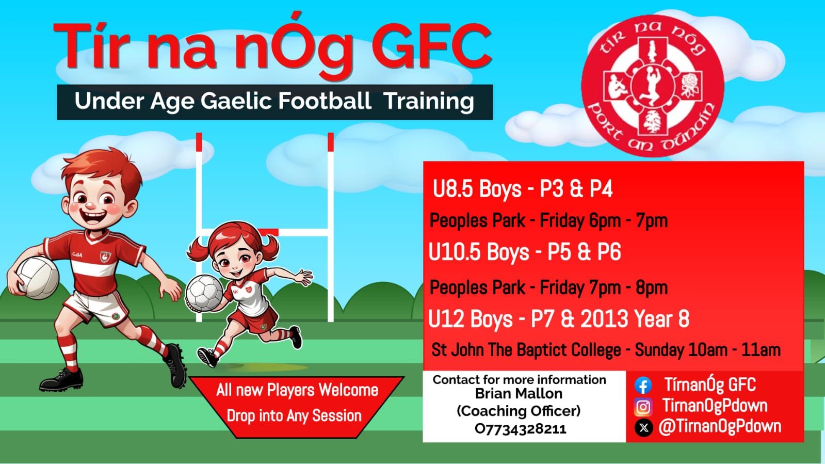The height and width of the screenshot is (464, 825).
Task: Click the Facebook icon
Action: [x=643, y=386]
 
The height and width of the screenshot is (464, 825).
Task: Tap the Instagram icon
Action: [x=643, y=407]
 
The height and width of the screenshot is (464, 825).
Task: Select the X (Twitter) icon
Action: [x=643, y=427]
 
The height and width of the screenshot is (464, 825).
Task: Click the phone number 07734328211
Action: [x=520, y=429]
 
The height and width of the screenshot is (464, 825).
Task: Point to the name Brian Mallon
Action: [x=519, y=394]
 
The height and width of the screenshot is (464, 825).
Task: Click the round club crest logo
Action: [x=653, y=86]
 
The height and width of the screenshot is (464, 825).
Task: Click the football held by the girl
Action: [x=204, y=293]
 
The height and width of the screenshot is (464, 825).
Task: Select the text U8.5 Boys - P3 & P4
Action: [x=522, y=189]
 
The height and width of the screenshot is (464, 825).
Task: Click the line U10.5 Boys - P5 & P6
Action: [x=525, y=252]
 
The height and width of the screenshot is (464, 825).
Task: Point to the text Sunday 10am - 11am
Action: [x=707, y=350]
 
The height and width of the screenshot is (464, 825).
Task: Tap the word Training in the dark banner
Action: [x=429, y=102]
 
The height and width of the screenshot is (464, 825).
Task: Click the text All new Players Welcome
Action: [x=297, y=390]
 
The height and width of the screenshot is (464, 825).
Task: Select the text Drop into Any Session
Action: [x=294, y=416]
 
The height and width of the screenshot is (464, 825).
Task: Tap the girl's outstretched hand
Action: [x=304, y=277]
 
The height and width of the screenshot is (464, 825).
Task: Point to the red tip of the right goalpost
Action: [x=330, y=142]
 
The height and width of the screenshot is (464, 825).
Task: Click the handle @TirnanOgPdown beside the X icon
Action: [x=720, y=427]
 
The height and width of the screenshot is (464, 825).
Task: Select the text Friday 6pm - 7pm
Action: [x=604, y=221]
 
